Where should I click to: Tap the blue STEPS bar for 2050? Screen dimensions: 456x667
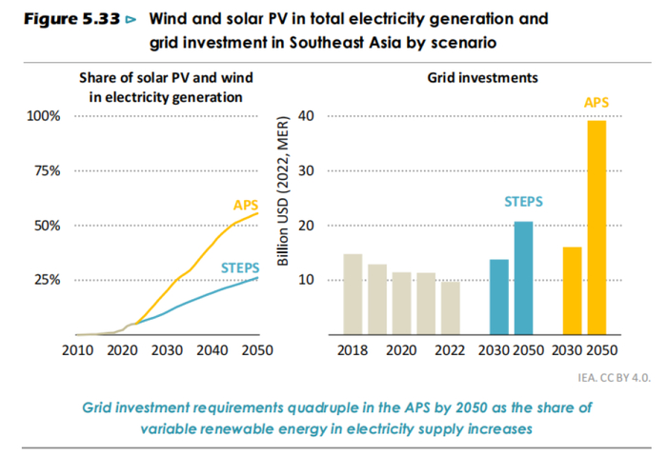pyautogui.click(x=524, y=278)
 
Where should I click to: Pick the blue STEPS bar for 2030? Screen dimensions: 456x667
pyautogui.click(x=499, y=297)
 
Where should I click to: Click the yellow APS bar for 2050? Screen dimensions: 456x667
pyautogui.click(x=597, y=228)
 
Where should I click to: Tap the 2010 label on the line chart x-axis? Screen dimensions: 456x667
pyautogui.click(x=75, y=350)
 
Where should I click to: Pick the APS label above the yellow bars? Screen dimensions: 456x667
pyautogui.click(x=596, y=101)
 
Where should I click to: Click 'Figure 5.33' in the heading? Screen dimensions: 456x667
pyautogui.click(x=64, y=19)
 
